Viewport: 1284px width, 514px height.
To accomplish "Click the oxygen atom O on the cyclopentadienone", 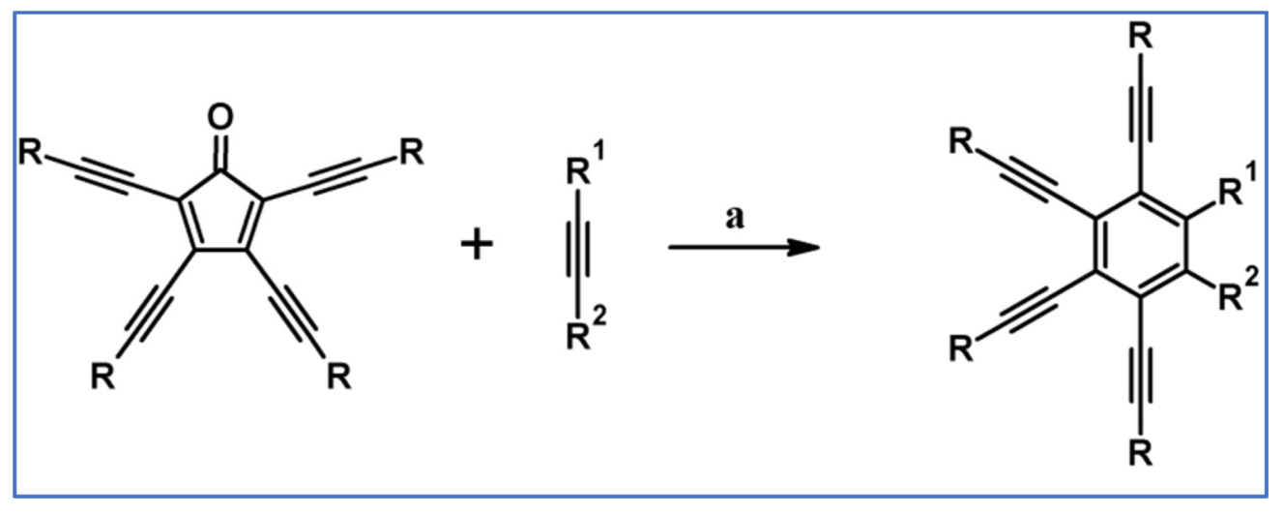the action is pyautogui.click(x=221, y=119).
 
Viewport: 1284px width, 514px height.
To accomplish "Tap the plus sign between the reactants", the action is pyautogui.click(x=476, y=245).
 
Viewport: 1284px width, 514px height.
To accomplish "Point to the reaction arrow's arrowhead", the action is pyautogui.click(x=806, y=247).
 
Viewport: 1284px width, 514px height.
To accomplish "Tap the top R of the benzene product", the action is pyautogui.click(x=1142, y=40).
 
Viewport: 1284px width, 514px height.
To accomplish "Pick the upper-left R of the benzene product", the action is pyautogui.click(x=960, y=144).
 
